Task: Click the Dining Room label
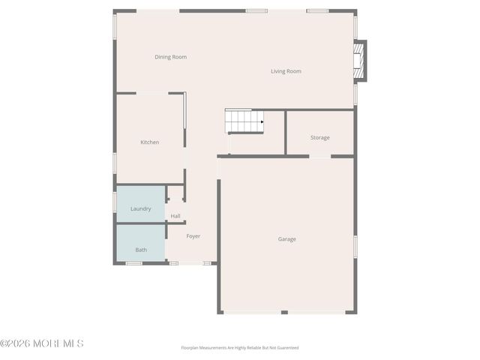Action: click(170, 57)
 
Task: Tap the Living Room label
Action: click(286, 71)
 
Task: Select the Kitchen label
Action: click(149, 142)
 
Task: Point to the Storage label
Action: click(319, 137)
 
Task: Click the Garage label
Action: click(286, 239)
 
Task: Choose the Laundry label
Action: click(141, 208)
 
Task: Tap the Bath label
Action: click(141, 250)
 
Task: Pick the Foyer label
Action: click(193, 236)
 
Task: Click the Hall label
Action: click(175, 216)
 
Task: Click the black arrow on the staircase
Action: click(261, 121)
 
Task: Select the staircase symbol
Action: click(244, 121)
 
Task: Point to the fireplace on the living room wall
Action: click(359, 61)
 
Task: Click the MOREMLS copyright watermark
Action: click(42, 343)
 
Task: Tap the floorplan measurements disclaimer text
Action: click(240, 348)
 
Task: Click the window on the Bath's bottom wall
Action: click(134, 263)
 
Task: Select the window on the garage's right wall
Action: click(355, 246)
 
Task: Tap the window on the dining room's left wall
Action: click(115, 25)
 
